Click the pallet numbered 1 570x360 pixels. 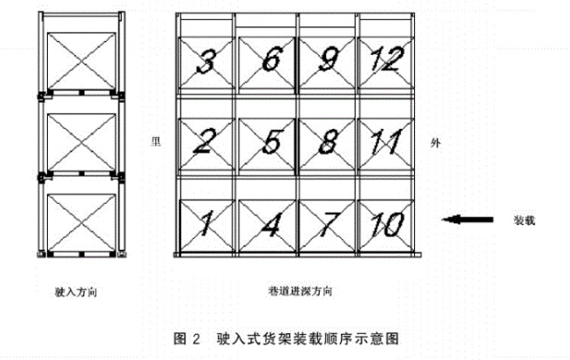click(x=207, y=226)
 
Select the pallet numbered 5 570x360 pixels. click(x=267, y=144)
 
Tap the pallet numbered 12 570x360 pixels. click(x=386, y=63)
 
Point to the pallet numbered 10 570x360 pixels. click(x=386, y=226)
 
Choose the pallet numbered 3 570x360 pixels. click(x=207, y=63)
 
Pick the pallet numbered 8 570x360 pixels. click(x=327, y=144)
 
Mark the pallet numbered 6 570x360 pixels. click(x=267, y=63)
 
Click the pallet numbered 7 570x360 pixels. click(x=327, y=226)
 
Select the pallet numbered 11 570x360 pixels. click(x=386, y=144)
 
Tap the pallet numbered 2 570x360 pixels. click(x=207, y=144)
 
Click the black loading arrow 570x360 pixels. click(x=467, y=220)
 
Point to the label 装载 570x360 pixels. click(x=524, y=220)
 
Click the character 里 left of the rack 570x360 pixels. click(x=156, y=141)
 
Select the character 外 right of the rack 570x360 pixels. click(x=436, y=143)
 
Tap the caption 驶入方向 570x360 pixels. click(x=76, y=292)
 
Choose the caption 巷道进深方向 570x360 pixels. click(x=301, y=291)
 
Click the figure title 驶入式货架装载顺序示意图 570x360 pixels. click(x=308, y=339)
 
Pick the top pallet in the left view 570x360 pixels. click(x=81, y=61)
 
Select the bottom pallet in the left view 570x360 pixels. click(x=81, y=222)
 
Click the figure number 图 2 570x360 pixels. click(x=187, y=339)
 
